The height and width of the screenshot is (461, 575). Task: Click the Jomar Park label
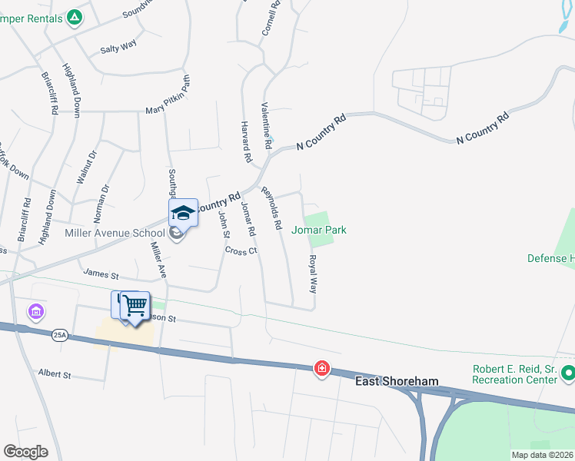click(x=319, y=230)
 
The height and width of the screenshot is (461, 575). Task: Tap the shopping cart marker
click(x=135, y=307)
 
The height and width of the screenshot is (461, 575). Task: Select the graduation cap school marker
click(x=183, y=213)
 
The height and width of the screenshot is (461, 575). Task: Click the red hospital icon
click(x=321, y=370)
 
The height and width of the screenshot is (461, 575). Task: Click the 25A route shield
click(x=61, y=335)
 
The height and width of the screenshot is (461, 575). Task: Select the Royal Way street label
click(x=313, y=274)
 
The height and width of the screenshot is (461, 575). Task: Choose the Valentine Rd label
click(x=266, y=125)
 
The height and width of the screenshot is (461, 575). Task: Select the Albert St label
click(x=55, y=374)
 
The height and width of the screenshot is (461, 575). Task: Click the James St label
click(x=101, y=274)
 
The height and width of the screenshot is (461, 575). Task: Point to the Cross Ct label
click(x=241, y=250)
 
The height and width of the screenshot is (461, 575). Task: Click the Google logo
click(x=26, y=452)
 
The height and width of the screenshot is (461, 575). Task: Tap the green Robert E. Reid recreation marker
click(x=567, y=374)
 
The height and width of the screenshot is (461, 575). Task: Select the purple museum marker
click(x=36, y=312)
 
